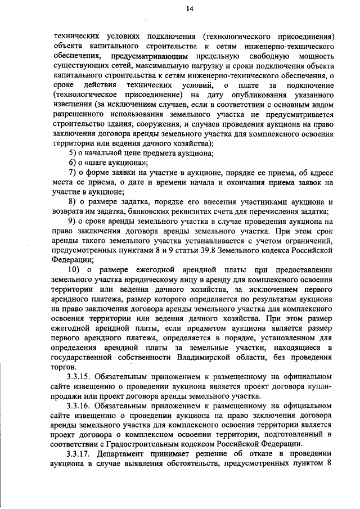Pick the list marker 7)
tap(72, 173)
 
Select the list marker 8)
tap(72, 202)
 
